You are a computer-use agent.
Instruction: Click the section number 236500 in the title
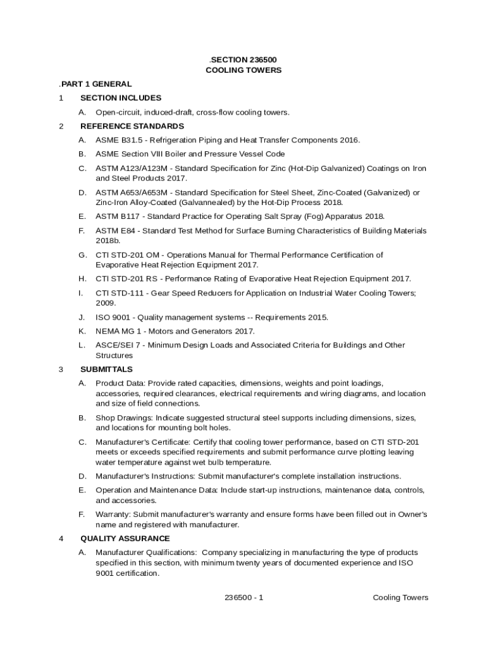pos(261,59)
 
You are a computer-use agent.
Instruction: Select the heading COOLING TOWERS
pos(244,70)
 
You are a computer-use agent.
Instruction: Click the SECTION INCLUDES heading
pos(121,98)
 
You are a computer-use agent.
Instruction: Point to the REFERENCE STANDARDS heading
pos(132,126)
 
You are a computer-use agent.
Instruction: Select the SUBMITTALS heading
pos(106,369)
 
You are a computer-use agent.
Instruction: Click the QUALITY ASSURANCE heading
pos(125,539)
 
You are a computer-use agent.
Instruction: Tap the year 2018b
pos(108,241)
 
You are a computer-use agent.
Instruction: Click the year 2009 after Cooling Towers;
pos(106,303)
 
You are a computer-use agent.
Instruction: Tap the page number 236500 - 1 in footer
pos(244,597)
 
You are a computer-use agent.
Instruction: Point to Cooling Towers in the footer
pos(400,597)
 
